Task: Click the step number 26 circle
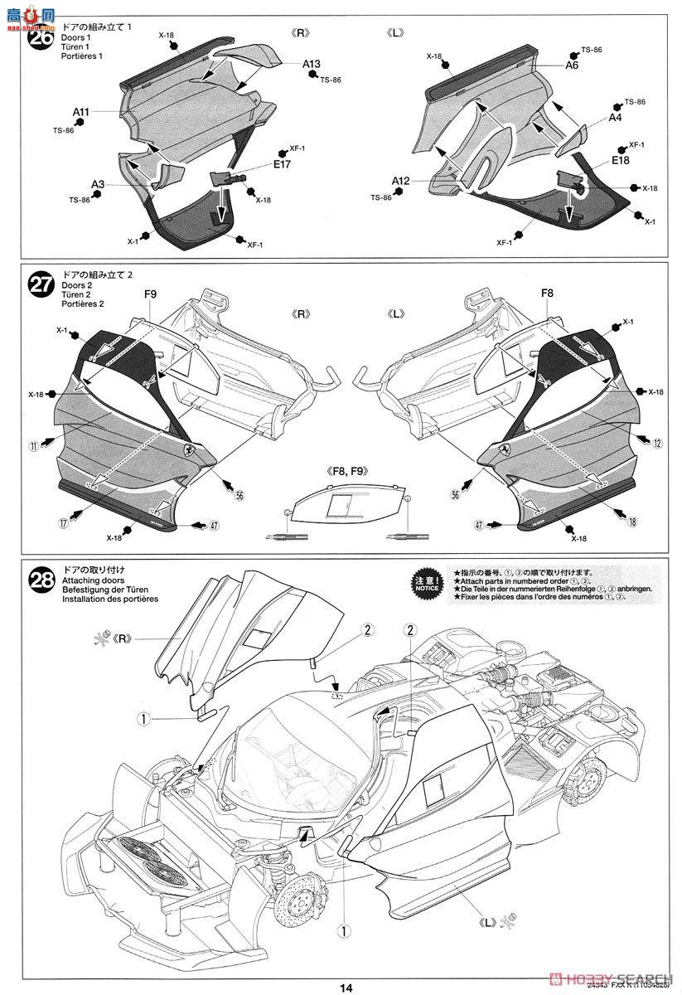click(x=40, y=37)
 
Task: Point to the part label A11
click(x=80, y=111)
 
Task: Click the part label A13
click(x=312, y=63)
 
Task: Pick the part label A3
click(x=98, y=184)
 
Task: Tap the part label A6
click(x=572, y=64)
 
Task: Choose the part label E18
click(x=621, y=160)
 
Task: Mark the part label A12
click(x=401, y=181)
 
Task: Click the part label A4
click(x=615, y=119)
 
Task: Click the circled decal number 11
click(x=33, y=445)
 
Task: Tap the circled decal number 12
click(x=656, y=444)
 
